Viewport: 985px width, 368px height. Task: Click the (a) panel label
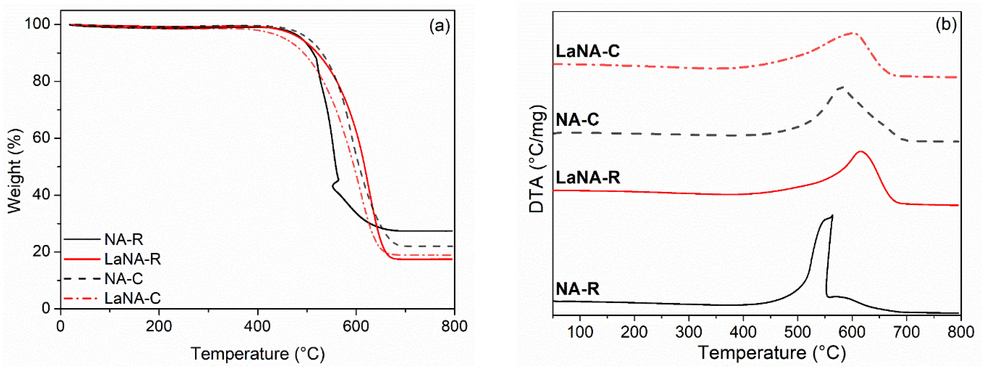[x=439, y=26]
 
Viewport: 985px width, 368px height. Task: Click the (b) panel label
[x=946, y=24]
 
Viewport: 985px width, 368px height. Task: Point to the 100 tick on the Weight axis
[x=37, y=24]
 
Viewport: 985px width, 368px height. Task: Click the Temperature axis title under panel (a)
[x=257, y=353]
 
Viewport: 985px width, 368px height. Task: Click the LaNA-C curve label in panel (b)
[x=588, y=51]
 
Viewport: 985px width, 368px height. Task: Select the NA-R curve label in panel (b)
[x=577, y=288]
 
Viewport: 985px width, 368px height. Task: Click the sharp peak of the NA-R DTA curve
[x=832, y=216]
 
